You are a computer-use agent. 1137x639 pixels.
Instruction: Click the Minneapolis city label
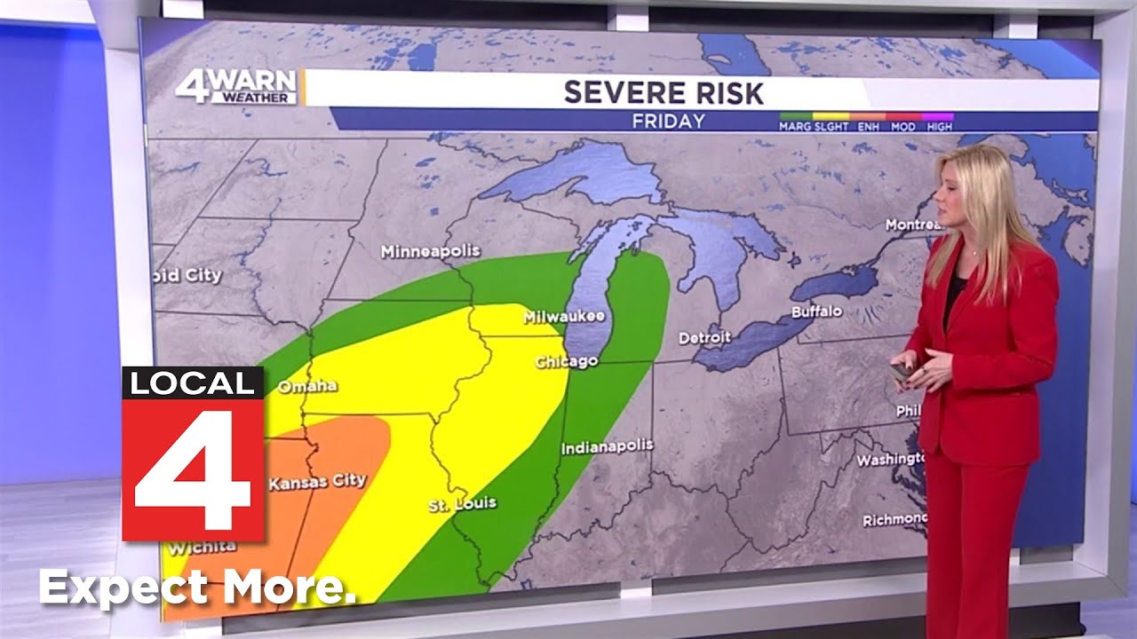coord(430,252)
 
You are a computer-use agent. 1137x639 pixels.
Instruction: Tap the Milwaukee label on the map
coord(564,317)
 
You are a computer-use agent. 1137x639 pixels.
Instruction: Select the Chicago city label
coord(566,362)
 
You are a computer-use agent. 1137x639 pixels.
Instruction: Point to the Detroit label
coord(704,338)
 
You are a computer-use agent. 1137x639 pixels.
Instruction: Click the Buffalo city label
coord(817,312)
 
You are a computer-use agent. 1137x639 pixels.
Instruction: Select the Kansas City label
coord(317,482)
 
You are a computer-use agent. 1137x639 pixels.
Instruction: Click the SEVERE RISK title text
coord(664,92)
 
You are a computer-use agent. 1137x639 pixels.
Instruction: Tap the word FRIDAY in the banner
coord(668,122)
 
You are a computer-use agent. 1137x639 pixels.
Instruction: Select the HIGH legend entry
coord(940,127)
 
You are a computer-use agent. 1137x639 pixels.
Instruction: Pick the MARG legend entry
coord(795,127)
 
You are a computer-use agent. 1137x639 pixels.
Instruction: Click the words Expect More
coord(197,588)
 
